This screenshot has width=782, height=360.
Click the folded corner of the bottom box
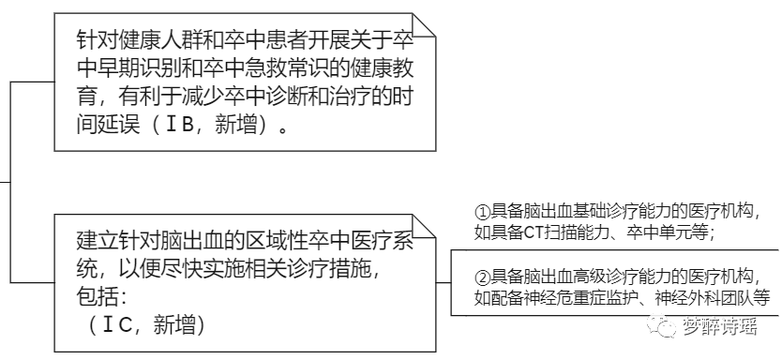click(x=427, y=223)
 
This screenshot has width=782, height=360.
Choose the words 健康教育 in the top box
click(x=389, y=68)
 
